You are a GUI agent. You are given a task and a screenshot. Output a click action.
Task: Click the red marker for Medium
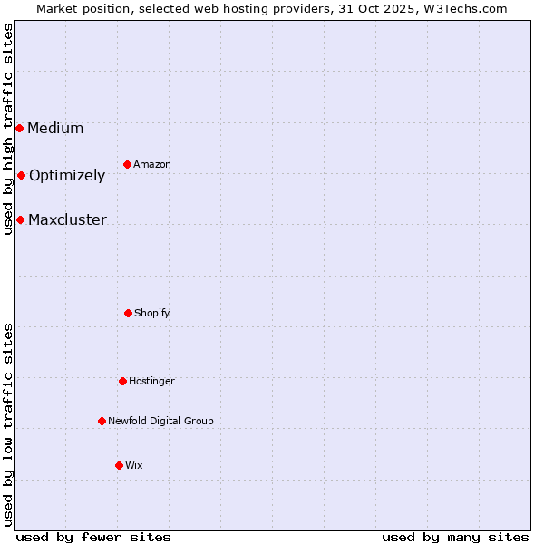tap(19, 128)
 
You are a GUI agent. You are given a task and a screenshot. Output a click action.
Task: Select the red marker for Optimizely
tap(21, 175)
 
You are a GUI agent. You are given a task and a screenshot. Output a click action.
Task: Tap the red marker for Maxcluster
tap(20, 219)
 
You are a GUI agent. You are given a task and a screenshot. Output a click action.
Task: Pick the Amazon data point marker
tap(127, 164)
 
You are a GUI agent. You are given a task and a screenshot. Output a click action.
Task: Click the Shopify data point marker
tap(128, 313)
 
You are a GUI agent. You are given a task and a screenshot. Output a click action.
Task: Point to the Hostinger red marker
tap(122, 381)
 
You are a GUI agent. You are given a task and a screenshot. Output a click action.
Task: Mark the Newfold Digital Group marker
tap(102, 421)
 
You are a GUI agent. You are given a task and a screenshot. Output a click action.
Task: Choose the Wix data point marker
tap(119, 465)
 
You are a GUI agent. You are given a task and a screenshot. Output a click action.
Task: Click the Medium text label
tap(55, 128)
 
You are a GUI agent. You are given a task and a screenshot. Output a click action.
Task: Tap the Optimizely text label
tap(67, 175)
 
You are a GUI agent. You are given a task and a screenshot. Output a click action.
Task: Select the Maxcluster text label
tap(67, 219)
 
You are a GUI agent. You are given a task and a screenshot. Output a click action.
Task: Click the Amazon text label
tap(152, 164)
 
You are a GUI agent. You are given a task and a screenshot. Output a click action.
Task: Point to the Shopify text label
tap(152, 313)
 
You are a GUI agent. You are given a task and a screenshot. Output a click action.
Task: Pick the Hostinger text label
tap(151, 381)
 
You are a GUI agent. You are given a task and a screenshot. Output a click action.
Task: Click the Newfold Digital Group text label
tap(160, 421)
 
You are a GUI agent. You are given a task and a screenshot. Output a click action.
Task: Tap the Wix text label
tap(134, 465)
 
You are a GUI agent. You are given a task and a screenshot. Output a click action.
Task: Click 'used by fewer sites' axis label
tap(93, 537)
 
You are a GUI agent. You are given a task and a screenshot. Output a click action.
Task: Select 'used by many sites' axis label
tap(455, 537)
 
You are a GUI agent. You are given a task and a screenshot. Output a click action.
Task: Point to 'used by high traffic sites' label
tap(8, 129)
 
